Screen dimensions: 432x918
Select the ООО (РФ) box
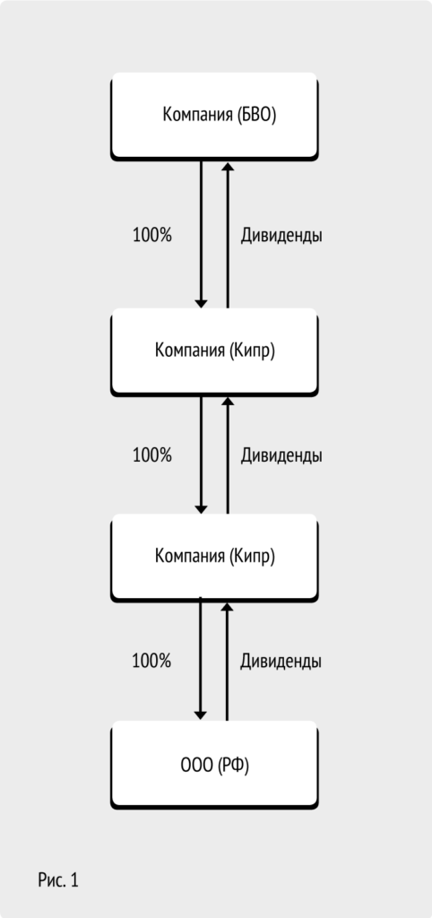214,766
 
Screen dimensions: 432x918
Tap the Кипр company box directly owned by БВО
214,352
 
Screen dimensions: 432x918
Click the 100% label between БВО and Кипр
152,236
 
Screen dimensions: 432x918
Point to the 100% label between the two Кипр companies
152,455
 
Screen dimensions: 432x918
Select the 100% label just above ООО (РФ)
151,661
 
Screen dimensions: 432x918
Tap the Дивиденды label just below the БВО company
281,236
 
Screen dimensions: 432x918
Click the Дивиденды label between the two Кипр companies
281,455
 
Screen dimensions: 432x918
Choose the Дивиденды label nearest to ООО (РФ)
281,661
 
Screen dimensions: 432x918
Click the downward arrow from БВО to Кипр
201,234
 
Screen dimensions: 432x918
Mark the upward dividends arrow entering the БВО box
228,234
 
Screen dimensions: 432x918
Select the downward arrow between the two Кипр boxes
201,455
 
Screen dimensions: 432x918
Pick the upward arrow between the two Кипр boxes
228,455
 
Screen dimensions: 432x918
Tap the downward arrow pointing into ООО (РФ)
200,659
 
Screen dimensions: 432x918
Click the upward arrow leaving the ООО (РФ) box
227,662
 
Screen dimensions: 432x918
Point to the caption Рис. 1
58,880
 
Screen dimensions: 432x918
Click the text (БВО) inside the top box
256,115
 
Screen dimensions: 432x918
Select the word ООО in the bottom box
196,766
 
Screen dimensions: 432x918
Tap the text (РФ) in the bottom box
233,766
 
